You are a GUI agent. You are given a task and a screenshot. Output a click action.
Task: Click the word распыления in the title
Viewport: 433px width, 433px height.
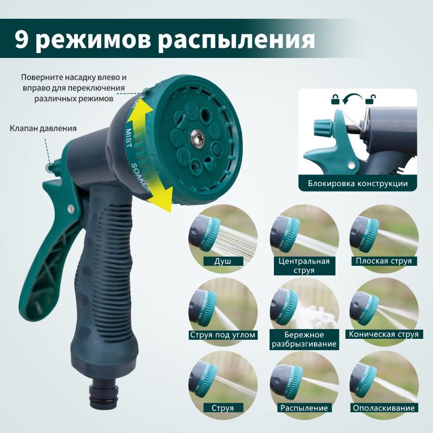[237, 41]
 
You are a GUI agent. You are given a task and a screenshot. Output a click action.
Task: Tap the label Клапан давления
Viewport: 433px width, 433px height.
[43, 128]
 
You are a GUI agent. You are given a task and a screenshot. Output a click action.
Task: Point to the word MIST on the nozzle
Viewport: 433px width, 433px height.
[129, 137]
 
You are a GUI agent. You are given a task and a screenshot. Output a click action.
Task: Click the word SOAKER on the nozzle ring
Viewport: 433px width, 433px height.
[140, 177]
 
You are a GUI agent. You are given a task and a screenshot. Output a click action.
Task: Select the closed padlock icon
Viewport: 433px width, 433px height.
[335, 99]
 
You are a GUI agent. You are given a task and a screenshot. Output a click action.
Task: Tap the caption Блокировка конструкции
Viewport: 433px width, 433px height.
[358, 183]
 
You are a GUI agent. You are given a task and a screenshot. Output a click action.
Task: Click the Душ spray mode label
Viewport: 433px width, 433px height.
[222, 261]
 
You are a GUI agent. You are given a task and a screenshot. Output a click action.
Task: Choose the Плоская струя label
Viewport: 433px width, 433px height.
[384, 261]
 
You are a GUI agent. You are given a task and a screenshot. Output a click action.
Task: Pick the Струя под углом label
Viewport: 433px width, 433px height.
[222, 334]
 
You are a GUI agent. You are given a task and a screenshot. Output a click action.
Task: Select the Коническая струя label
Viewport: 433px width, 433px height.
[384, 334]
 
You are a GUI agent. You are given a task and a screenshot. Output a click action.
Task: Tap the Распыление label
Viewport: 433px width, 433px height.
[304, 408]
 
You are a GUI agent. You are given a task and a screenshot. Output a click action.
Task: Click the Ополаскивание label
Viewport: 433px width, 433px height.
[384, 408]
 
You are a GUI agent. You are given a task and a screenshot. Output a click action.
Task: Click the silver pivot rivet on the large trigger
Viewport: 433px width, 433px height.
[71, 209]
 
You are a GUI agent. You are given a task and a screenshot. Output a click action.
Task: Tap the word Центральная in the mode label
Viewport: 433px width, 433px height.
[304, 261]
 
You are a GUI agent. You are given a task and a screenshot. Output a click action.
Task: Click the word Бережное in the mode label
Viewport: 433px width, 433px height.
[304, 334]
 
